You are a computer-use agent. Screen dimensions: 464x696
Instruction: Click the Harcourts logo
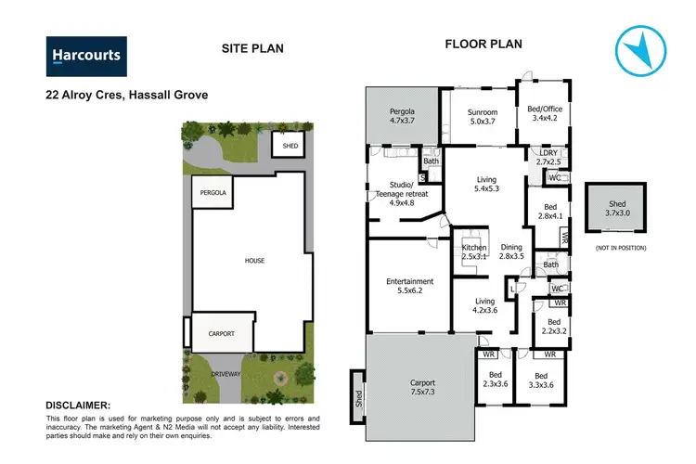[86, 56]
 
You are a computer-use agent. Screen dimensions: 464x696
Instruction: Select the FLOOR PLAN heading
[483, 44]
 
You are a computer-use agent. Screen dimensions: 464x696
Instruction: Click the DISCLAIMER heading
[78, 406]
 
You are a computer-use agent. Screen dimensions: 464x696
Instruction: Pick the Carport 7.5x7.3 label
[423, 387]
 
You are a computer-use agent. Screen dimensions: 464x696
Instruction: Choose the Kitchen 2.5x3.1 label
[474, 253]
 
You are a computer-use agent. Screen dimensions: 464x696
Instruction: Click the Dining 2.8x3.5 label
[511, 251]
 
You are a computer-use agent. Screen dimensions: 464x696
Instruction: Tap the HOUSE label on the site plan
[255, 261]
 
